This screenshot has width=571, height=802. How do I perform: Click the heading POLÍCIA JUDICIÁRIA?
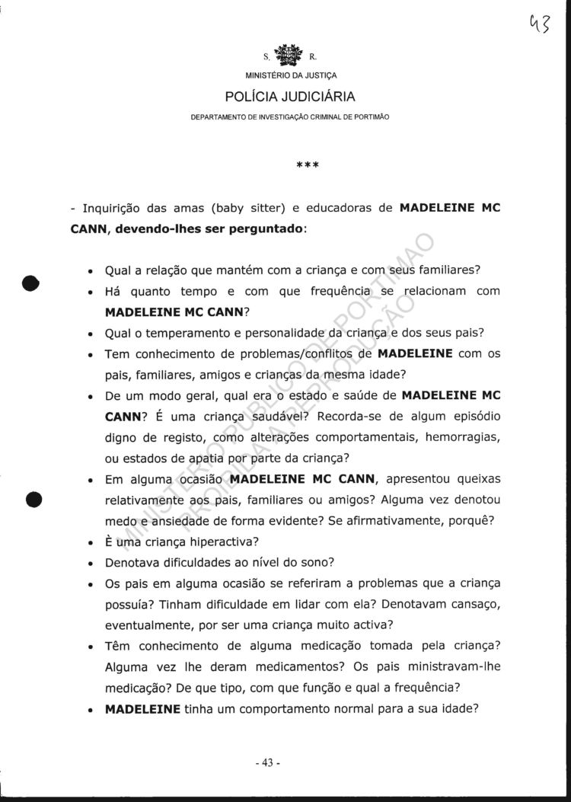point(289,97)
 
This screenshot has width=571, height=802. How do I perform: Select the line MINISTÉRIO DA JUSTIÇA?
point(289,75)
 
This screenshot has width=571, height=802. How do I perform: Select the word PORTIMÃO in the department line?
point(371,117)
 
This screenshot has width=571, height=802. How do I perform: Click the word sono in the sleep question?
point(319,563)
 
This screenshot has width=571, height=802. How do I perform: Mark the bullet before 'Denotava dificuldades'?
point(91,564)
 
